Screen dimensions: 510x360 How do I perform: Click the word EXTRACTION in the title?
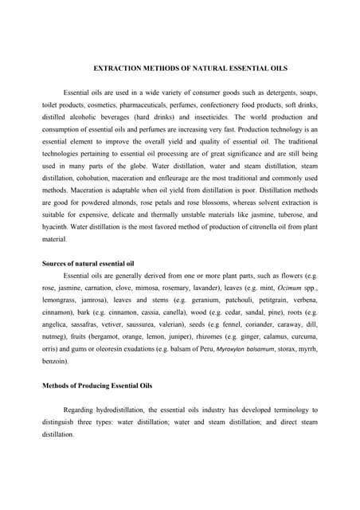coord(119,69)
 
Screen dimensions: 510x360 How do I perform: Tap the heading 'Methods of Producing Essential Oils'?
coord(96,385)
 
